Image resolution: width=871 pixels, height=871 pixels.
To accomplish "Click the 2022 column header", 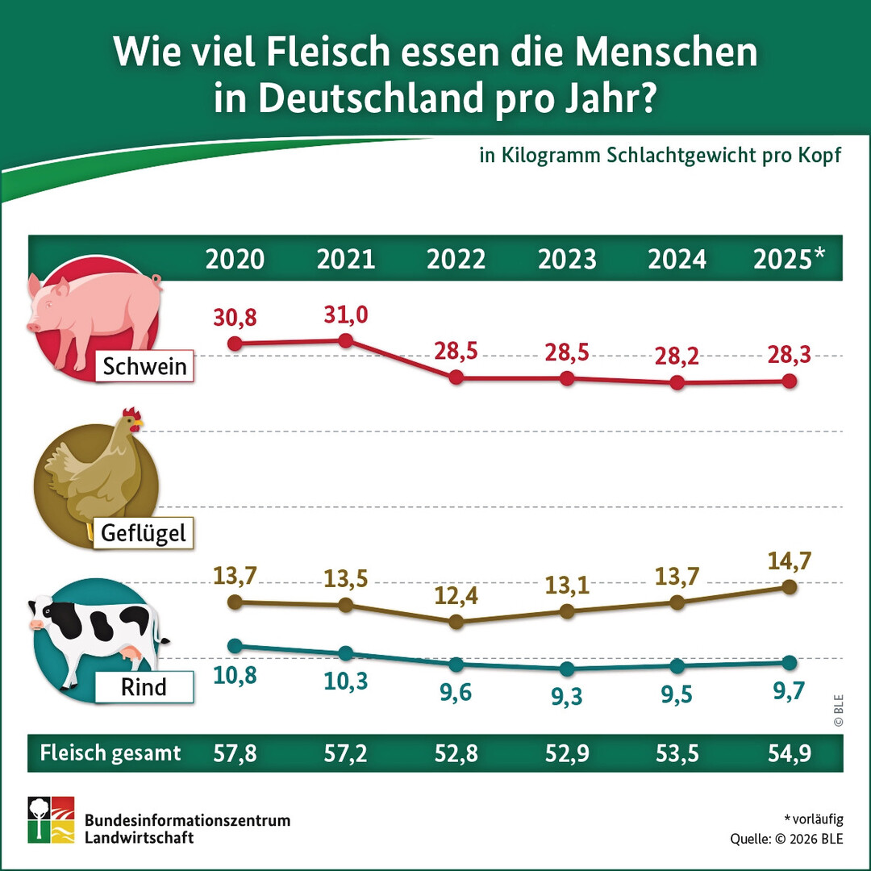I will (456, 259).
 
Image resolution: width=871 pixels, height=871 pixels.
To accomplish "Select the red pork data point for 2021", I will (346, 340).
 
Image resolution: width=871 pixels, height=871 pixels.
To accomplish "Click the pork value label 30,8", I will (235, 318).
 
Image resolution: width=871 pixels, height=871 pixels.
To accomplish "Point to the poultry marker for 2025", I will (790, 586).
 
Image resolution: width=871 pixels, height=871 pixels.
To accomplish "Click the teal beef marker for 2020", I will (235, 645).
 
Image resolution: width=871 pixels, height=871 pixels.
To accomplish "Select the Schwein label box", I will (144, 367).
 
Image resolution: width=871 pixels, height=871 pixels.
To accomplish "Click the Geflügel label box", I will (144, 532).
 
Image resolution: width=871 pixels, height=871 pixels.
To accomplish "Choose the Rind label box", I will (144, 687).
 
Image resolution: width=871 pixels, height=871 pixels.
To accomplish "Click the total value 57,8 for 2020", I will (235, 753).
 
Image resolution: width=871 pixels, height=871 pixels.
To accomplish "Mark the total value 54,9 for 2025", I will (789, 753).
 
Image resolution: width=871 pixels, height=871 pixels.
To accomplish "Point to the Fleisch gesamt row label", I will (110, 753).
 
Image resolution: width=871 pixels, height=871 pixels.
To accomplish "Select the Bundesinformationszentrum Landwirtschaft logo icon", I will (51, 820).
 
